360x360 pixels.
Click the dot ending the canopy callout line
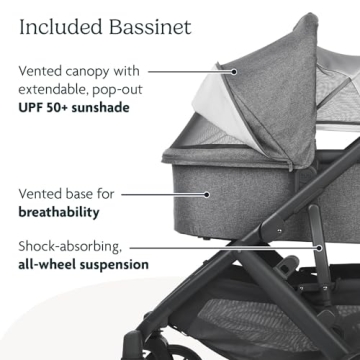[x=234, y=71]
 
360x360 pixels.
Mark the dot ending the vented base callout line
[x=207, y=194]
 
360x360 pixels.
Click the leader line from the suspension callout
[x=240, y=245]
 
